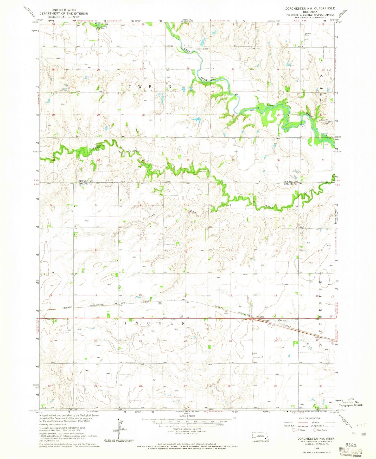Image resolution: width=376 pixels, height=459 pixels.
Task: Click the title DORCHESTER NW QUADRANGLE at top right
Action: (309, 9)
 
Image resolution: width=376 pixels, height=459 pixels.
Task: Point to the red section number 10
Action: (186, 250)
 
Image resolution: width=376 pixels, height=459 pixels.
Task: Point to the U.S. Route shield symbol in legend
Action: (294, 430)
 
